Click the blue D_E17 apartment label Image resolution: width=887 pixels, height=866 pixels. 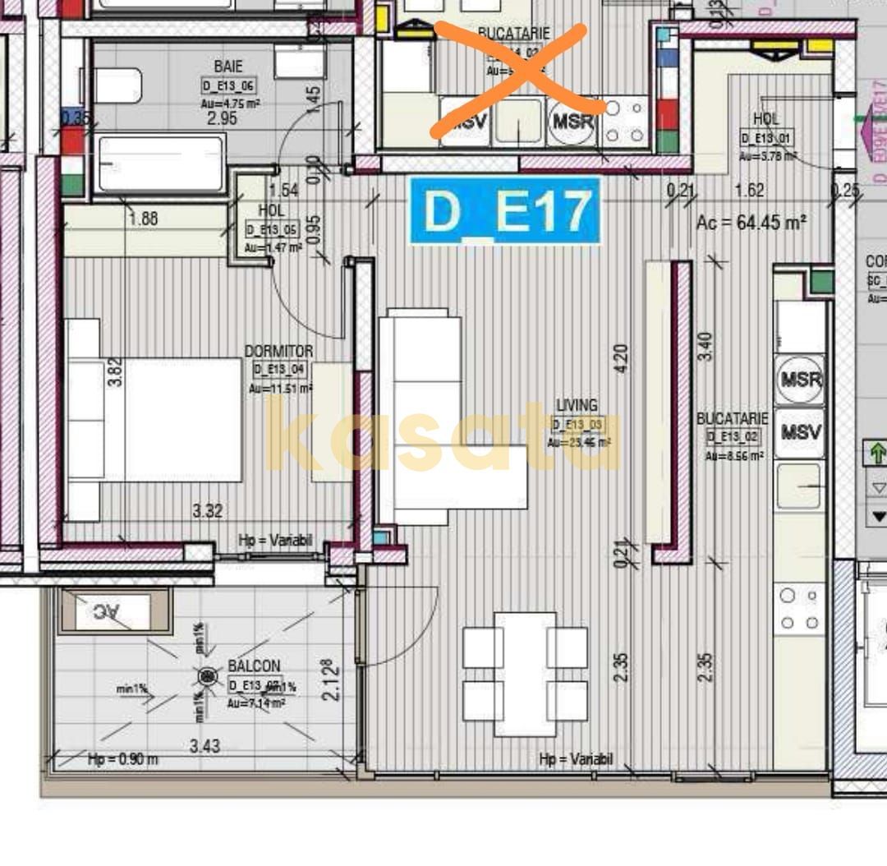point(505,211)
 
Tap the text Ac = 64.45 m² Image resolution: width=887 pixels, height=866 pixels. point(751,222)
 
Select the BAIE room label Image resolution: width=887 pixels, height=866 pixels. point(227,66)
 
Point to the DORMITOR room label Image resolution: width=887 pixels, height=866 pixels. point(278,351)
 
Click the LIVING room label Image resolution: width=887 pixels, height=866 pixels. point(577,405)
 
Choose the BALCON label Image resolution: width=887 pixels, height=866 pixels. point(254,666)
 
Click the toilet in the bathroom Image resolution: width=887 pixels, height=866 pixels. point(117,85)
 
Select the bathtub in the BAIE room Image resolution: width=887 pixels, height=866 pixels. point(160,163)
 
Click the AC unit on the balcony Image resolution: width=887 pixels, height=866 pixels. point(113,611)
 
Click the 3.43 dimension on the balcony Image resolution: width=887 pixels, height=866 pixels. point(205,746)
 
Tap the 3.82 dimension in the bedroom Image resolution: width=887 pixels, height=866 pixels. point(117,372)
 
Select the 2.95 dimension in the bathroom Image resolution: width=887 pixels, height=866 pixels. point(221,118)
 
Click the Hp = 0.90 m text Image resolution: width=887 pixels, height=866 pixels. point(123,759)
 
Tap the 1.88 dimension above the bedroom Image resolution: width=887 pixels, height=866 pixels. point(143,219)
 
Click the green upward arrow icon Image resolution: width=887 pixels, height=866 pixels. point(876,453)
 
